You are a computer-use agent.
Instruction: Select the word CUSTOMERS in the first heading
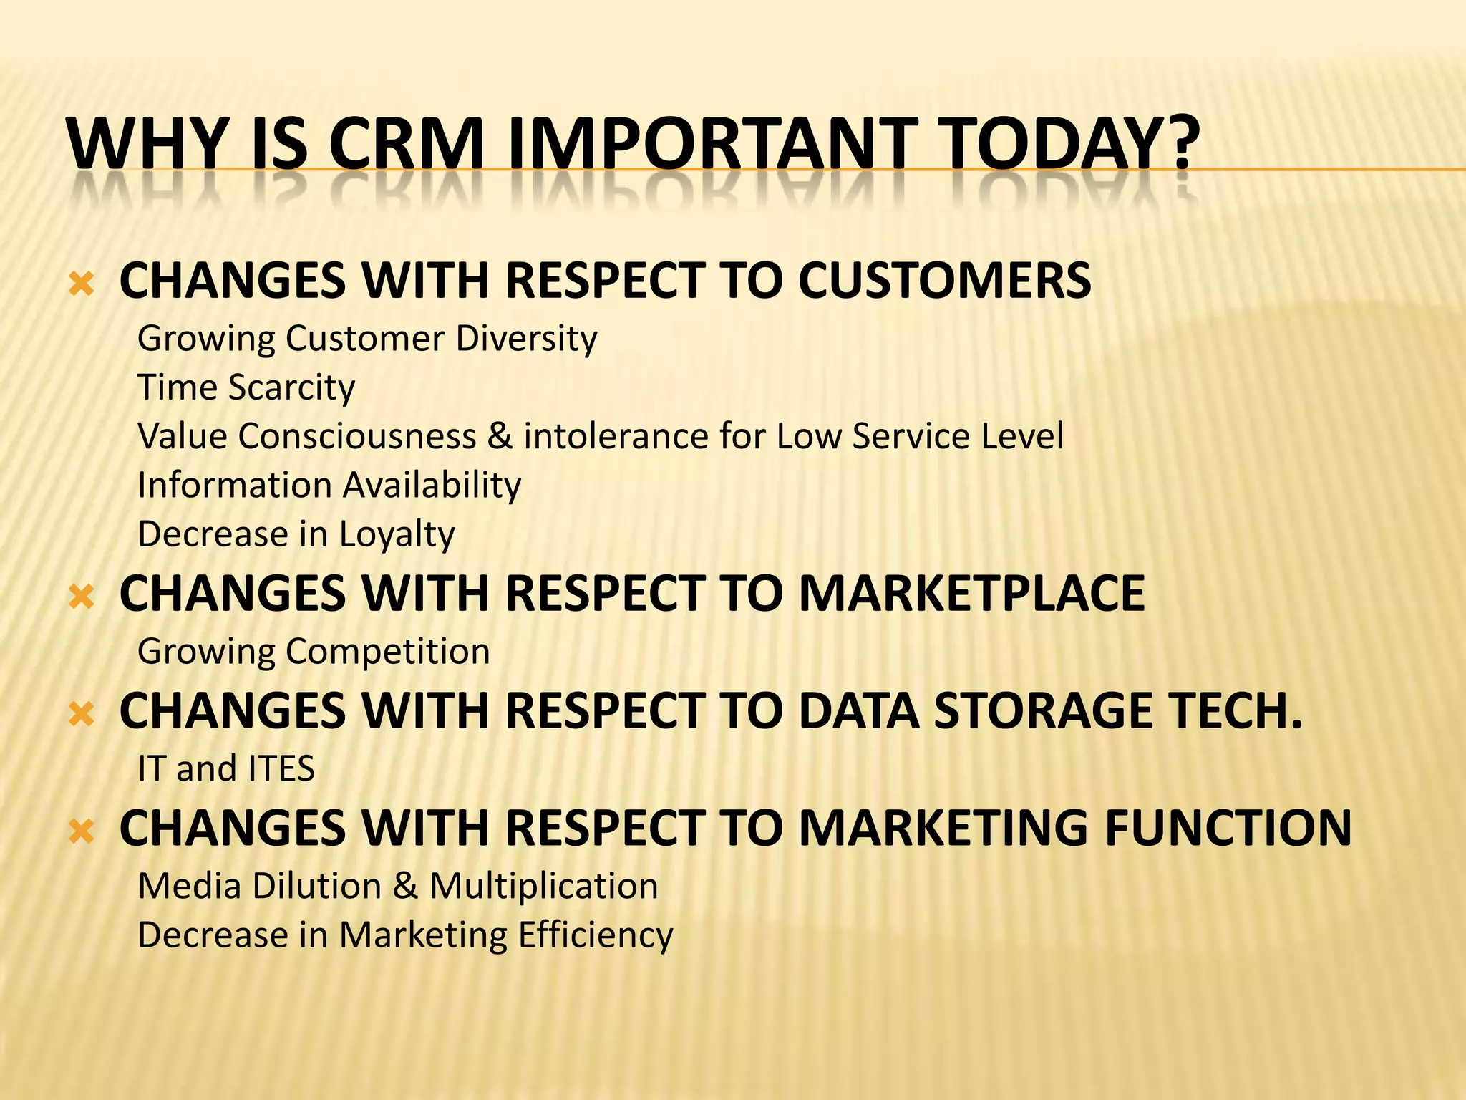click(x=944, y=280)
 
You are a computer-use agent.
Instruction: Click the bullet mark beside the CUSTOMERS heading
click(x=82, y=284)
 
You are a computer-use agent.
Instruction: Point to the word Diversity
click(x=526, y=339)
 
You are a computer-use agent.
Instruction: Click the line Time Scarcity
click(x=246, y=387)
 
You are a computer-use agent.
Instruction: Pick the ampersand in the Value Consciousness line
click(x=500, y=436)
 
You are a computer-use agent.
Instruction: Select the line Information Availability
click(x=329, y=485)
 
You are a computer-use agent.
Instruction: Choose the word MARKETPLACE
click(x=971, y=594)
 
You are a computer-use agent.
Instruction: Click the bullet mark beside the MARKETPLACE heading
click(x=82, y=597)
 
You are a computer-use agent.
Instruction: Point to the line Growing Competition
click(x=314, y=652)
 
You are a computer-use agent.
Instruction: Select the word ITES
click(x=281, y=769)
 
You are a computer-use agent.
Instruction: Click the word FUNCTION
click(x=1228, y=829)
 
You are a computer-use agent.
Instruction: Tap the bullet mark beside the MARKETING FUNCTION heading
click(x=82, y=831)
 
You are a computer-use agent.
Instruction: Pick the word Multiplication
click(x=543, y=887)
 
